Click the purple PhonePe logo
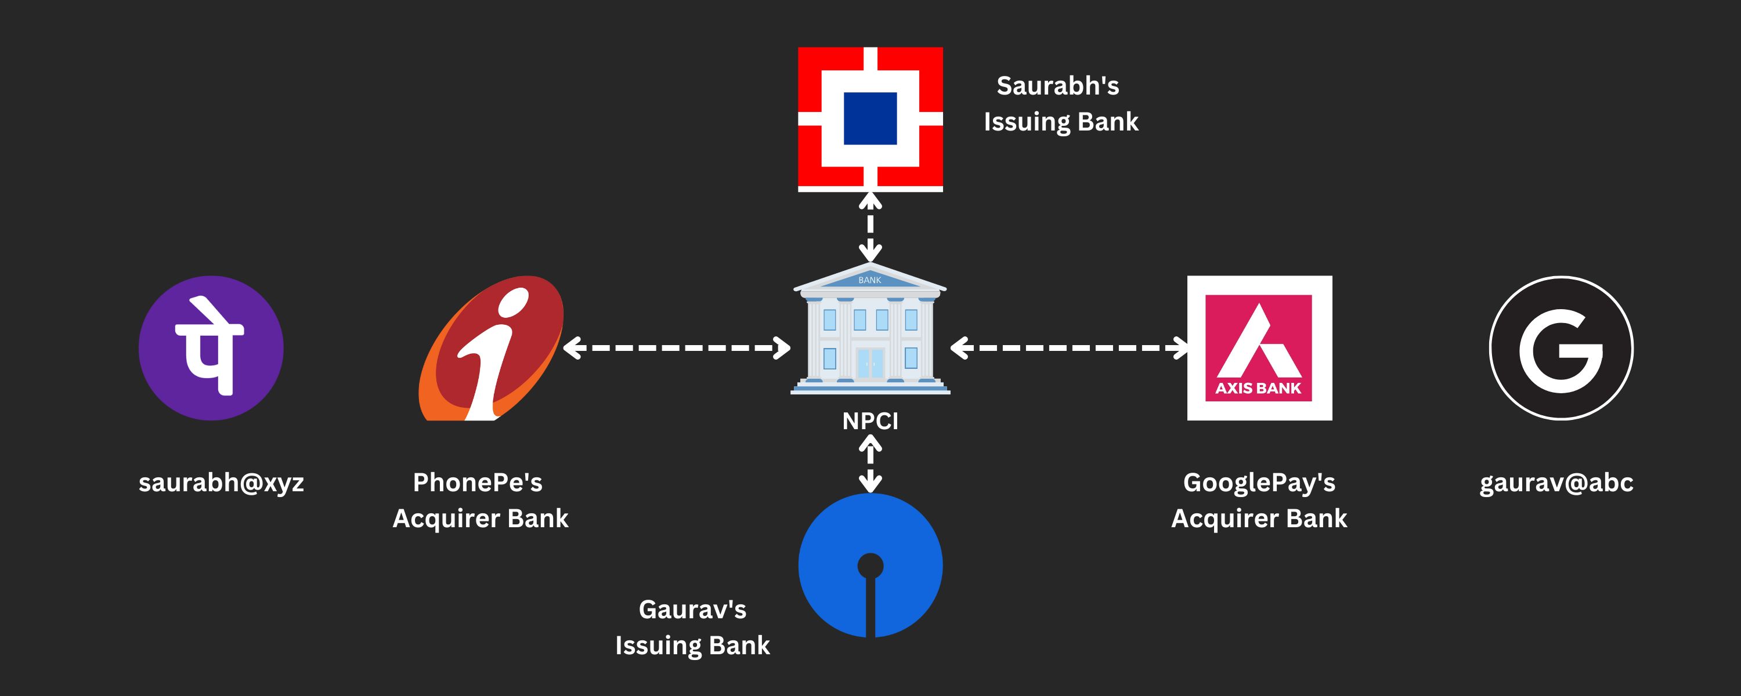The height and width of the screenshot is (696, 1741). (x=211, y=348)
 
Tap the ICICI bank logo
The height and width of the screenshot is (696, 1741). (x=492, y=348)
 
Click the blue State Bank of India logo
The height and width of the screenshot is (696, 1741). (x=870, y=565)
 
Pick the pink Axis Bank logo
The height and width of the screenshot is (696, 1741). (x=1259, y=348)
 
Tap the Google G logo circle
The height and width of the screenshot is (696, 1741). (x=1561, y=348)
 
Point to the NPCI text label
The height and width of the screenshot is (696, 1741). (x=870, y=421)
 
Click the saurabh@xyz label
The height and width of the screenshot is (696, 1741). (x=221, y=483)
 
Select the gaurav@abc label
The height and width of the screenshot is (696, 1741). (x=1556, y=483)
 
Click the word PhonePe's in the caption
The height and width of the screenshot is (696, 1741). (x=478, y=483)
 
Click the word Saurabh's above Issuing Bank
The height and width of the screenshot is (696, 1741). (x=1058, y=86)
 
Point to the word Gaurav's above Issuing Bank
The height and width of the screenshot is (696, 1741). (x=692, y=610)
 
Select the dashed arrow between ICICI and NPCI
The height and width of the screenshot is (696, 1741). (x=677, y=348)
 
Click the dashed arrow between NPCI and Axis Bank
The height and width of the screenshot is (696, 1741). (x=1068, y=348)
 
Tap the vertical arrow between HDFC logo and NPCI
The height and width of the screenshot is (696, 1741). (x=870, y=227)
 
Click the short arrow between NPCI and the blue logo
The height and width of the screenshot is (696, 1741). (x=870, y=463)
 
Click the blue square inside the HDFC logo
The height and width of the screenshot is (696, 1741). (x=870, y=118)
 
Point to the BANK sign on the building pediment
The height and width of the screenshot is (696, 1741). (x=870, y=280)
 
